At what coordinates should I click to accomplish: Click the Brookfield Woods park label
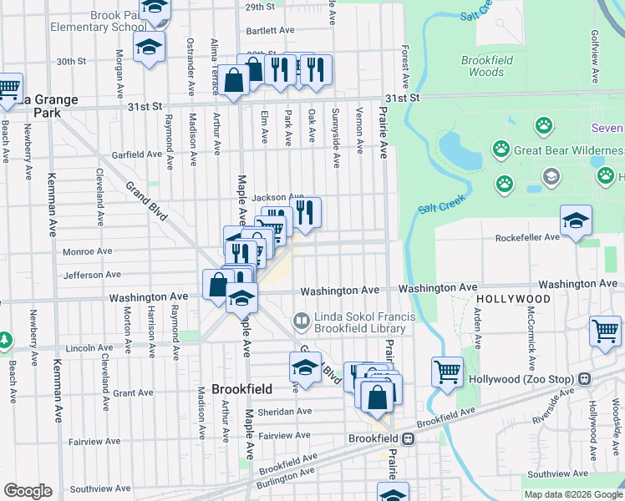pyautogui.click(x=483, y=66)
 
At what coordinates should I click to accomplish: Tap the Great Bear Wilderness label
pyautogui.click(x=569, y=151)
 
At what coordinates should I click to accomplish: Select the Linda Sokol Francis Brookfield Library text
pyautogui.click(x=360, y=323)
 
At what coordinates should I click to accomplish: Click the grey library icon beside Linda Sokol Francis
pyautogui.click(x=301, y=320)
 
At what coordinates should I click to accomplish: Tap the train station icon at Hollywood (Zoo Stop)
pyautogui.click(x=586, y=378)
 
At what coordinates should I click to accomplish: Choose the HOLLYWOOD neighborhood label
pyautogui.click(x=513, y=299)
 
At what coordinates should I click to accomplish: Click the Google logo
pyautogui.click(x=28, y=491)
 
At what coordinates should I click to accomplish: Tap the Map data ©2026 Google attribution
pyautogui.click(x=572, y=494)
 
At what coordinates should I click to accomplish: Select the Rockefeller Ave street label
pyautogui.click(x=527, y=237)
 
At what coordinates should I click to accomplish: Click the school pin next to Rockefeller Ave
pyautogui.click(x=576, y=221)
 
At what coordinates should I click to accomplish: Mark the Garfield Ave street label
pyautogui.click(x=136, y=154)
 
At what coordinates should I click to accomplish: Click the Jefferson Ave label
pyautogui.click(x=92, y=274)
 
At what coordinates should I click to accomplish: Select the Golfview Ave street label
pyautogui.click(x=595, y=57)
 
